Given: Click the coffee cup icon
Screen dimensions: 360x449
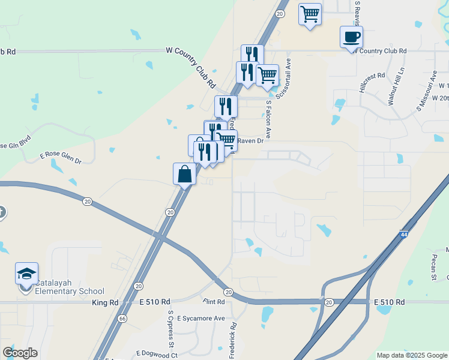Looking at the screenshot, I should coord(351,37).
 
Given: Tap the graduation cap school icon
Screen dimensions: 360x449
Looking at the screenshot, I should coord(26,274).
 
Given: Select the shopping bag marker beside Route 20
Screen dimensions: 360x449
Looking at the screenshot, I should coord(184,175).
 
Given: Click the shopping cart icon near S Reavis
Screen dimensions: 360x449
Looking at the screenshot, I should coord(310,14).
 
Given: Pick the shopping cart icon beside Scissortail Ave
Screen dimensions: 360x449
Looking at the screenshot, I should coord(268,76).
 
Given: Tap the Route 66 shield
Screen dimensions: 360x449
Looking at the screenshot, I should coord(123,319).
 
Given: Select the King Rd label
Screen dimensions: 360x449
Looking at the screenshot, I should coord(104,302).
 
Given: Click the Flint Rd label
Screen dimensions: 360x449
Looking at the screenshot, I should coord(213,301).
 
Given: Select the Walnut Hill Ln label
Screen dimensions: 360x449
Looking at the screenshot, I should coord(396,88).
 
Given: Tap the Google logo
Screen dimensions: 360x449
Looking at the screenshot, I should coord(20,353).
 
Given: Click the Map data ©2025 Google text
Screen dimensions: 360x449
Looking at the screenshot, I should coord(411,355).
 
